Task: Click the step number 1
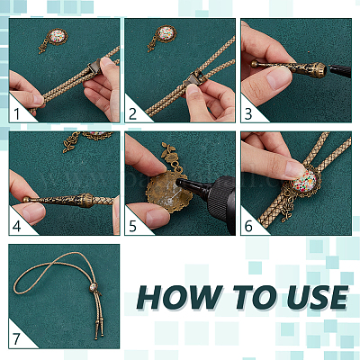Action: tap(17, 114)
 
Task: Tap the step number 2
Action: tap(132, 114)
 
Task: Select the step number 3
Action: tap(248, 114)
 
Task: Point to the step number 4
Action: tap(17, 227)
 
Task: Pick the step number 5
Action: tap(132, 227)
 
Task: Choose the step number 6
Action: tap(248, 227)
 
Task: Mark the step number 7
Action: tap(16, 339)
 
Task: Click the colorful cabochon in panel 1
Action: tap(57, 37)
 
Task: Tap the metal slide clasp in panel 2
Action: tap(194, 78)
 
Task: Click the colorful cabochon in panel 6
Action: tap(304, 181)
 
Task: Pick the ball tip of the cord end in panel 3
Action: tap(254, 64)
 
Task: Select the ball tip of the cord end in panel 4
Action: tap(27, 199)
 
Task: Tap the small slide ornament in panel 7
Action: tap(94, 287)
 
